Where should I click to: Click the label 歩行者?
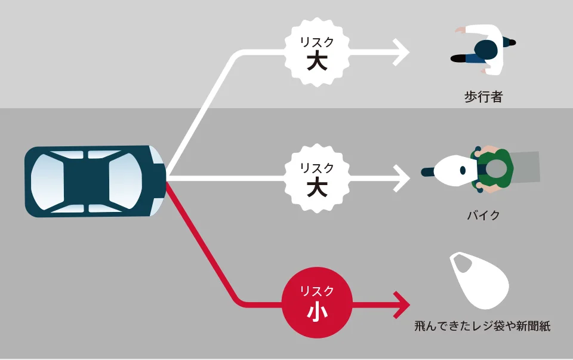[483, 97]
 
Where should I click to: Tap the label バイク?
[483, 216]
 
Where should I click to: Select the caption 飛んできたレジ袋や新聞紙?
[482, 325]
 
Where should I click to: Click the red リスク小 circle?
[317, 303]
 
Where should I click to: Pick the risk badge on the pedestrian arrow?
[317, 52]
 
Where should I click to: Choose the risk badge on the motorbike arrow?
[317, 179]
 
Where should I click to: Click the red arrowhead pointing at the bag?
[402, 305]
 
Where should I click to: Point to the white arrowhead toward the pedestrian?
[402, 53]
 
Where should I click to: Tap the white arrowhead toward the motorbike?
[402, 179]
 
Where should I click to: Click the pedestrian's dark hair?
[486, 50]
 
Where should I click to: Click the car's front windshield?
[125, 181]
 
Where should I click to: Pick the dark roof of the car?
[87, 181]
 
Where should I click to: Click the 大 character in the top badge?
[317, 61]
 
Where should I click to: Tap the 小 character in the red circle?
[317, 312]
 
